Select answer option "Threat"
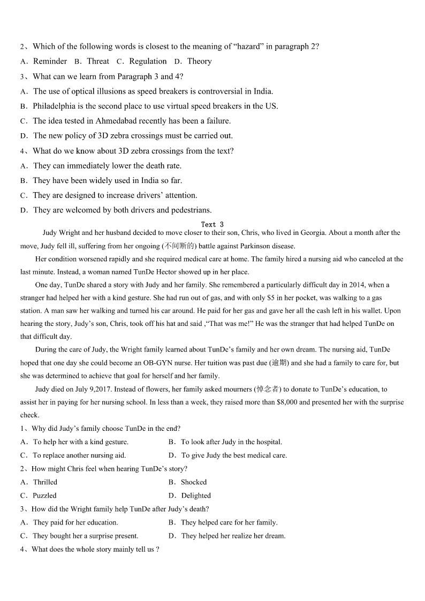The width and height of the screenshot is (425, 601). click(98, 62)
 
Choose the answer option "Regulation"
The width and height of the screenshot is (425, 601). click(148, 62)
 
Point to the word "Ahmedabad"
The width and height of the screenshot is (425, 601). click(130, 121)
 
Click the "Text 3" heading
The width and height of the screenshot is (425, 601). click(212, 225)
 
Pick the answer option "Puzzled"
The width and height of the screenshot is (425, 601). click(44, 496)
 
